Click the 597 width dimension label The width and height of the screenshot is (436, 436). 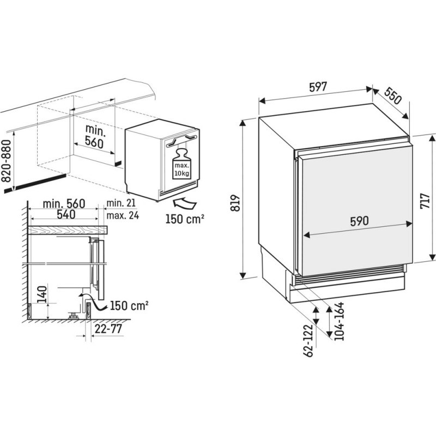[x=318, y=87]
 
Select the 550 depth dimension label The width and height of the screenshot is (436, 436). [x=393, y=95]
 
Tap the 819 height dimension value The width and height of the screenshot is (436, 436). [x=236, y=203]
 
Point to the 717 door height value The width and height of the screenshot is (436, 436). [x=425, y=201]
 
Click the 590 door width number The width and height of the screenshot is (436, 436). [x=359, y=221]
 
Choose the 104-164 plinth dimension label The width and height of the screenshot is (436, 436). [x=339, y=321]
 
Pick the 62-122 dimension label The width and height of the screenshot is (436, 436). [x=308, y=341]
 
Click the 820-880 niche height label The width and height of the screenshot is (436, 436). [x=6, y=161]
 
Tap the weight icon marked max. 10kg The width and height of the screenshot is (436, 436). [x=181, y=164]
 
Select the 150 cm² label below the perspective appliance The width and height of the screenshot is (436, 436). [x=185, y=219]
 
